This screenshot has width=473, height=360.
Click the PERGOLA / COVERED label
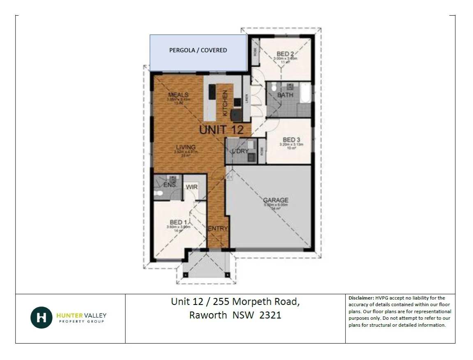tap(198, 50)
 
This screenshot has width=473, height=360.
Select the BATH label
tap(285, 95)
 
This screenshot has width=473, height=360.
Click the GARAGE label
tap(276, 200)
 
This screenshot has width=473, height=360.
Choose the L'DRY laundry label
tap(240, 151)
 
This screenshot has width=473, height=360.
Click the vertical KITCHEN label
tap(225, 102)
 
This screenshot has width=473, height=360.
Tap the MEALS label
tap(178, 95)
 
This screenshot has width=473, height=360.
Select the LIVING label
tap(186, 148)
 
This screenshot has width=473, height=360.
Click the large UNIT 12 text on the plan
tap(222, 130)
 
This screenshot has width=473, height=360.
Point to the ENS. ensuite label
tap(170, 185)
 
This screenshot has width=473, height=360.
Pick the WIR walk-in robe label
tap(192, 187)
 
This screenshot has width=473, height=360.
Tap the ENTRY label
tap(218, 228)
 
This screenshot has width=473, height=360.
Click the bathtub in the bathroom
tap(305, 92)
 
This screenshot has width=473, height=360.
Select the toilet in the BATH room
tap(275, 87)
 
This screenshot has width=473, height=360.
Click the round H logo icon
tap(41, 317)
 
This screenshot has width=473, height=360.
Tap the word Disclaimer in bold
tap(361, 298)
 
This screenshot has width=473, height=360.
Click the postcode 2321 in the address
tap(270, 315)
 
